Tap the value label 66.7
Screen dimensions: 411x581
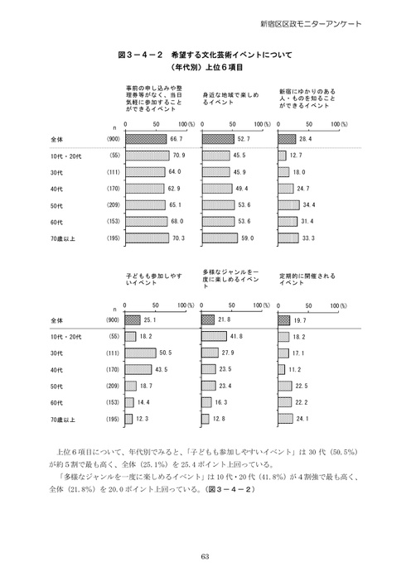coord(176,140)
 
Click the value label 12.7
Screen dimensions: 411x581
coord(296,156)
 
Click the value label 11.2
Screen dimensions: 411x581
coord(295,369)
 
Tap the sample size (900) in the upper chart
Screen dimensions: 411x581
coord(114,140)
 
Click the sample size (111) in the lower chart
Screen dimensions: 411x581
coord(114,353)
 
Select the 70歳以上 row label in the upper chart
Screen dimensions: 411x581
coord(62,238)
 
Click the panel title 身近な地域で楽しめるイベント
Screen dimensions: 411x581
coord(225,99)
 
